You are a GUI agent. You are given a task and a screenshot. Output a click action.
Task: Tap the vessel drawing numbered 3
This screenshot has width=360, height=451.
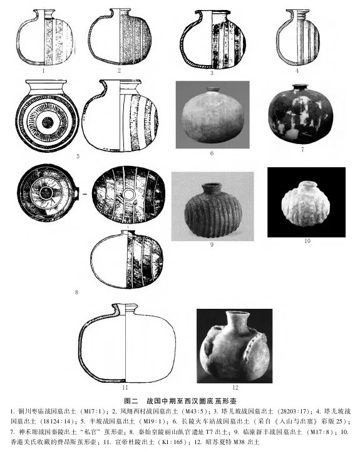(212, 41)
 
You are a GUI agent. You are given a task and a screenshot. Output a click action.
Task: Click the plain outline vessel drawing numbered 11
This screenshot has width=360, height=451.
(125, 341)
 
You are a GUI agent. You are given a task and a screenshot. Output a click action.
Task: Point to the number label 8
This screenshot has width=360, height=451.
(76, 292)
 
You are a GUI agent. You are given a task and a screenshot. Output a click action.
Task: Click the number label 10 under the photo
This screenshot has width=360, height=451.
(307, 241)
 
